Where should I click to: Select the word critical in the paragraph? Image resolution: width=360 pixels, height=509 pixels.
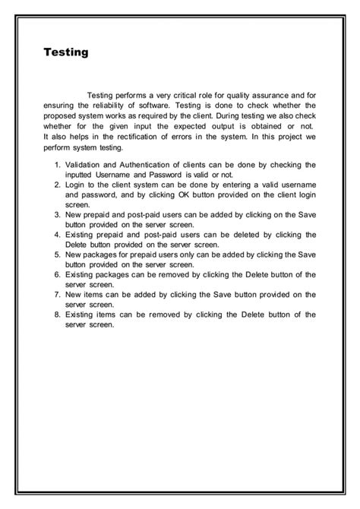point(185,95)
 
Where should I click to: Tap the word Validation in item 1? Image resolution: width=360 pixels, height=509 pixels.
point(84,164)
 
